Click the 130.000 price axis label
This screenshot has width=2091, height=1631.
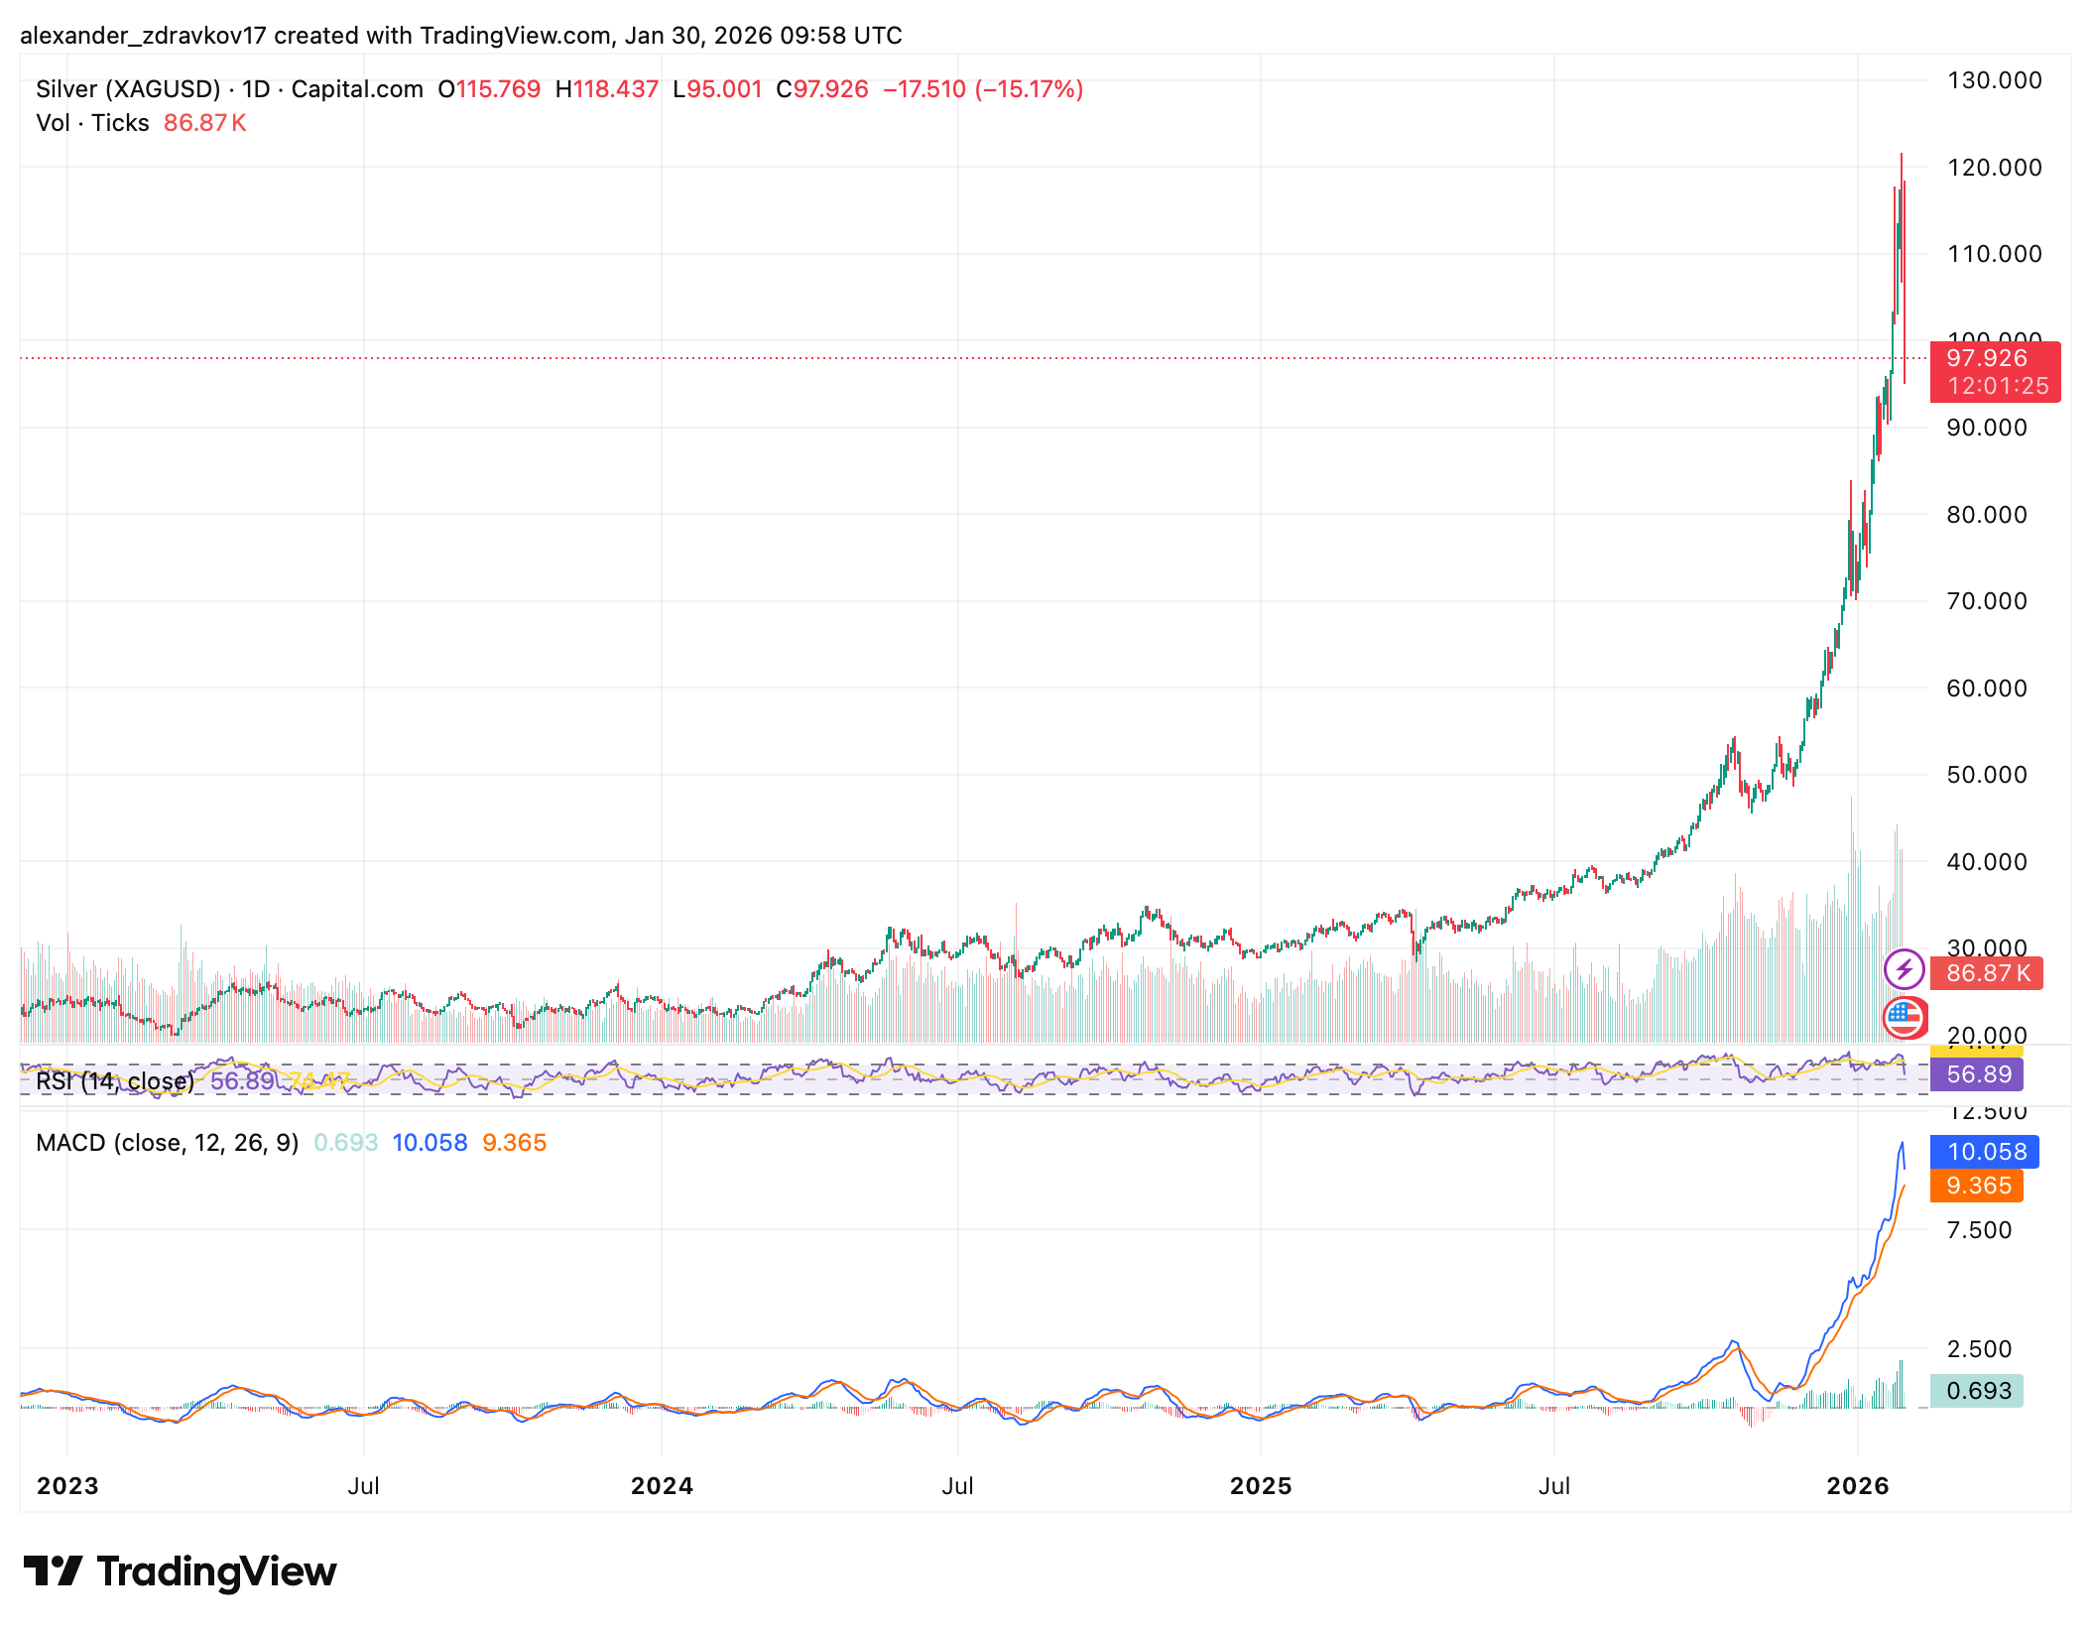click(x=1994, y=80)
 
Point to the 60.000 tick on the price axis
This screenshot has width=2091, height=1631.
click(x=1986, y=688)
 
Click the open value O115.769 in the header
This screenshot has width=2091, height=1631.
click(x=489, y=89)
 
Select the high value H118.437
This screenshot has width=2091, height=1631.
click(x=606, y=89)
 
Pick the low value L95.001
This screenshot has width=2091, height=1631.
click(x=716, y=89)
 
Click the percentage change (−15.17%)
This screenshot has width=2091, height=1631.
click(x=1029, y=89)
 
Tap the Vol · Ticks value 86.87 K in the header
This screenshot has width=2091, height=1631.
click(x=204, y=123)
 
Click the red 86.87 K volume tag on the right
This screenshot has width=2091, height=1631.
click(x=1988, y=973)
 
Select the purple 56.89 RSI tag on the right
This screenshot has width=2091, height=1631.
click(x=1978, y=1074)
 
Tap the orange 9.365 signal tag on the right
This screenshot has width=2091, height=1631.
click(x=1978, y=1186)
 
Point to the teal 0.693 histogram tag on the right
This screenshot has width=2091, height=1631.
click(x=1978, y=1391)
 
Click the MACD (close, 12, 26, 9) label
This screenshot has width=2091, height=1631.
click(x=167, y=1143)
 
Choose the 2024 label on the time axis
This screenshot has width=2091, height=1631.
click(x=662, y=1485)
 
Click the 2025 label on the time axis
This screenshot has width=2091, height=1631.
click(x=1260, y=1485)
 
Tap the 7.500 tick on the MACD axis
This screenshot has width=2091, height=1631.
click(x=1978, y=1230)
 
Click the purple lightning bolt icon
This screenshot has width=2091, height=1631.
click(x=1904, y=969)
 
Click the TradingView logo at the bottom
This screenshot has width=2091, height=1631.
click(x=180, y=1571)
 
